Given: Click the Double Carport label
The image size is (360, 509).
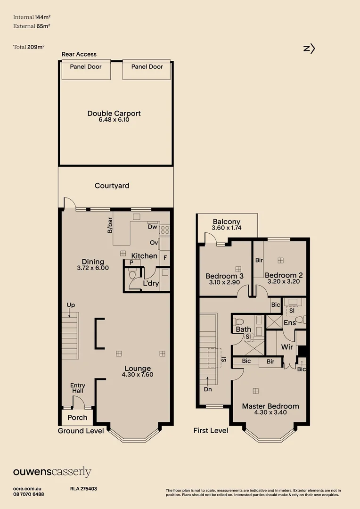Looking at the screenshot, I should click(x=114, y=114).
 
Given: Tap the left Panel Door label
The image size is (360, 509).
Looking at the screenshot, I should click(x=86, y=67).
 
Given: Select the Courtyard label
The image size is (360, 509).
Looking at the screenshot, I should click(x=112, y=186).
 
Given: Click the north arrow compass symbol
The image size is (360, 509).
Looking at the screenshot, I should click(x=309, y=48).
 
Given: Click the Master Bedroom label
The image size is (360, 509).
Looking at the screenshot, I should click(x=270, y=406).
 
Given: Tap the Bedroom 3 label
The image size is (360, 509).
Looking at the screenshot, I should click(x=224, y=276).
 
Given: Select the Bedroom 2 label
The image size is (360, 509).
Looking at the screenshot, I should click(x=284, y=275).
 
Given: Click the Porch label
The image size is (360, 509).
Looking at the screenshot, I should click(x=77, y=417).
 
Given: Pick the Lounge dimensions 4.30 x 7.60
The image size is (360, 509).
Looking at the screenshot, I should click(x=138, y=375).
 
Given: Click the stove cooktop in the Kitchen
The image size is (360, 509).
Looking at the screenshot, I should click(x=165, y=230).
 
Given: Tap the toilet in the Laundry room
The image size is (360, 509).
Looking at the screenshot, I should click(x=132, y=274).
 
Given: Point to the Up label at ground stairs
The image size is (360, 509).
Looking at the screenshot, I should click(x=71, y=305).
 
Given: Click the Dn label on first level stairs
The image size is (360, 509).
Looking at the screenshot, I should click(x=208, y=390).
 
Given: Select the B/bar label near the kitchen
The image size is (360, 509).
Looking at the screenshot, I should click(x=110, y=225).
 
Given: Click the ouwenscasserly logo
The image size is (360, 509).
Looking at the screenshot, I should click(x=52, y=472).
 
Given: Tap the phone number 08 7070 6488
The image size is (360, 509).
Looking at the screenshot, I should click(x=29, y=494).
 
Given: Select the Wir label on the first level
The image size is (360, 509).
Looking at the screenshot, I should click(x=287, y=347).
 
